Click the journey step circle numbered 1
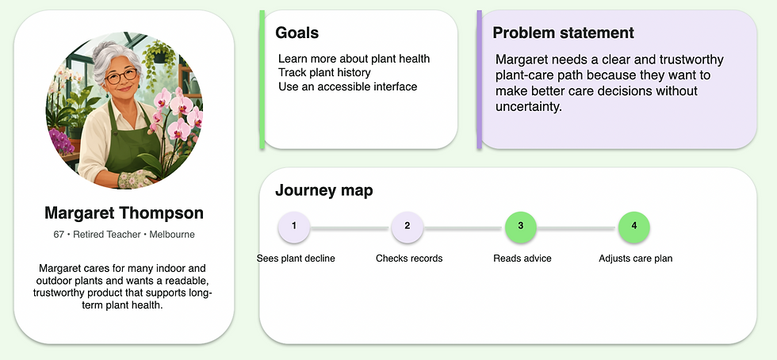pos(294,227)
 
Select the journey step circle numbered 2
pos(407,227)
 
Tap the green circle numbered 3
pos(520,227)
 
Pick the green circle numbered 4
pos(633,227)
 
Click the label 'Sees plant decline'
pos(296,259)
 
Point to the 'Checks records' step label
pos(409,259)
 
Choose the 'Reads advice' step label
pos(522,259)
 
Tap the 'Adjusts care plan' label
pos(635,259)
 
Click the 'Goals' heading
pos(297,33)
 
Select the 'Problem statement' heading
pos(563,33)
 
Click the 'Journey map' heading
pos(324,190)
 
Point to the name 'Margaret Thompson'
pos(124,213)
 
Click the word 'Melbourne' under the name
pos(172,235)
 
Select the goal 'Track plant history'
pos(324,72)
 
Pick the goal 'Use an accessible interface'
pos(348,86)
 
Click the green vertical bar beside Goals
pos(262,79)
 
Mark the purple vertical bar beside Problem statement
pos(479,79)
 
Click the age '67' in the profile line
pos(59,235)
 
